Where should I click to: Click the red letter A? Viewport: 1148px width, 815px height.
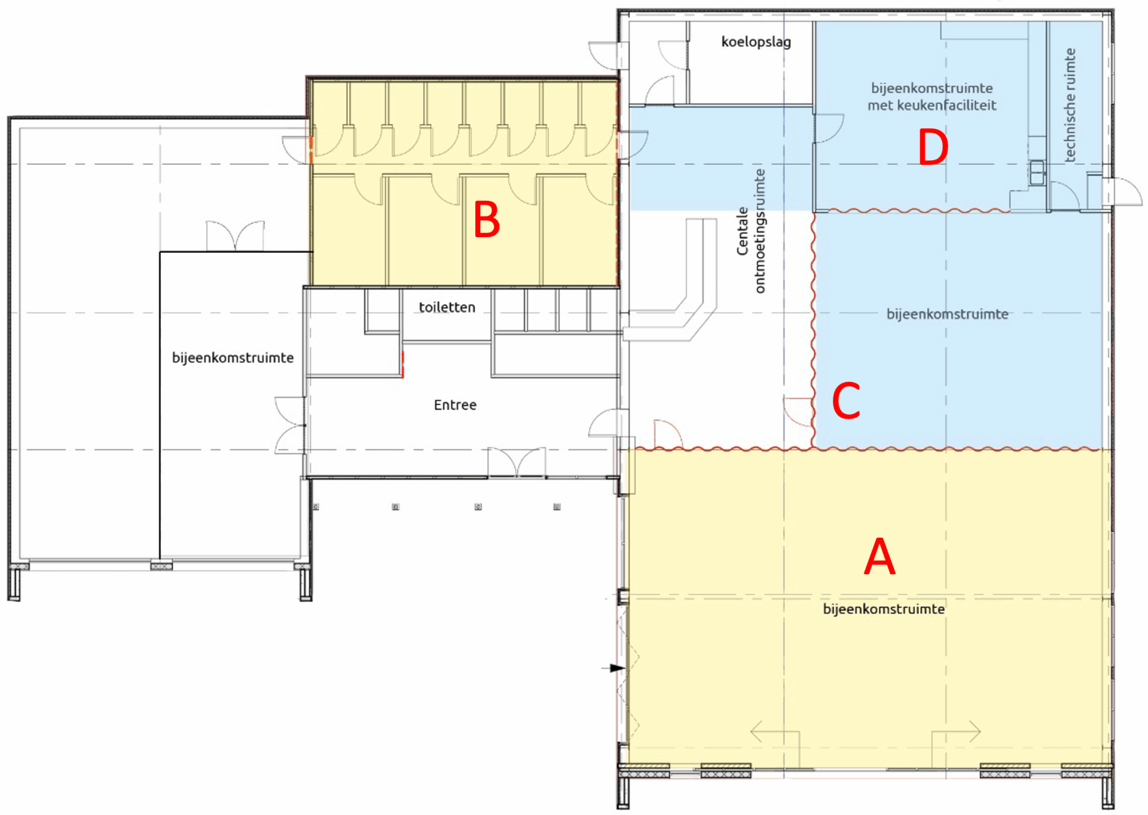pyautogui.click(x=880, y=557)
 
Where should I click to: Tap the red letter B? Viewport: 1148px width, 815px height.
pyautogui.click(x=486, y=220)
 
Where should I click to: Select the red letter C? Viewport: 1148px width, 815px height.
pyautogui.click(x=846, y=401)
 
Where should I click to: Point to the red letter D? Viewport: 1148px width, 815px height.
pyautogui.click(x=933, y=148)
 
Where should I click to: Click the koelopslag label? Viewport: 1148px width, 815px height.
pyautogui.click(x=756, y=42)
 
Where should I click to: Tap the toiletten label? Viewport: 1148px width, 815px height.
pyautogui.click(x=447, y=308)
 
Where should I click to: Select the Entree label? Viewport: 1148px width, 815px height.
pyautogui.click(x=455, y=405)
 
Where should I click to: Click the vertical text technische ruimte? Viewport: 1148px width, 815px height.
pyautogui.click(x=1070, y=105)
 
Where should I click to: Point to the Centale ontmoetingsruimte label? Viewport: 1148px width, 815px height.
pyautogui.click(x=751, y=231)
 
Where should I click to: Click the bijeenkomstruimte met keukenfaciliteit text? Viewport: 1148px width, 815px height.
pyautogui.click(x=932, y=97)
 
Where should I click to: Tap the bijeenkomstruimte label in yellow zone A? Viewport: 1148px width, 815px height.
pyautogui.click(x=884, y=609)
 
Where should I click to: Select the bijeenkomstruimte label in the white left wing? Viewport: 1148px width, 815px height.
pyautogui.click(x=233, y=358)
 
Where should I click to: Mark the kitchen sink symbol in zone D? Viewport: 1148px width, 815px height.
pyautogui.click(x=1036, y=173)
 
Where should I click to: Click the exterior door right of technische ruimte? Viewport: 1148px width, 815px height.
pyautogui.click(x=1124, y=191)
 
